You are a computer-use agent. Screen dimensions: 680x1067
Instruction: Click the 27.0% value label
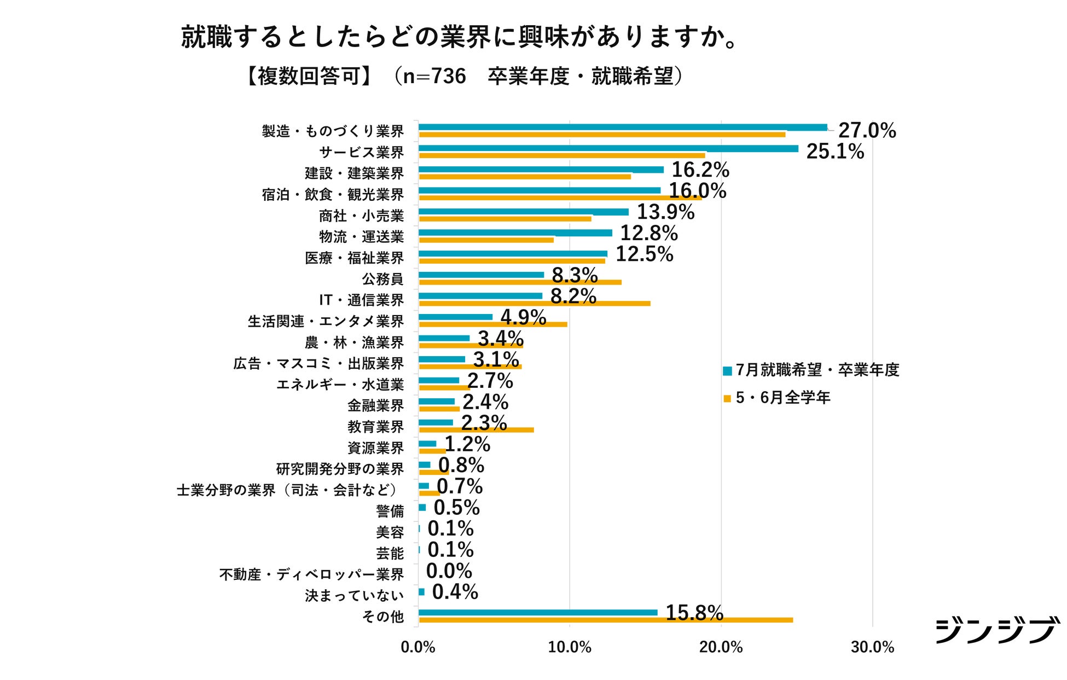pos(867,131)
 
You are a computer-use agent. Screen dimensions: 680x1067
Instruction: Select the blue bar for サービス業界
pos(607,148)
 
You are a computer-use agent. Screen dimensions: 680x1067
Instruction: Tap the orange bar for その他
pos(605,620)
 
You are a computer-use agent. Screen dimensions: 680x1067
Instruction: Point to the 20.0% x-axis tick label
pos(721,648)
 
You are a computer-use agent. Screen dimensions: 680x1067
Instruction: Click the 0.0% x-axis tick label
pos(417,648)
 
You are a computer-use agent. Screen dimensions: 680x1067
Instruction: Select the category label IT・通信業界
pos(361,300)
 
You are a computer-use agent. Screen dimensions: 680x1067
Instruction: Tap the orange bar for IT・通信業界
pos(534,303)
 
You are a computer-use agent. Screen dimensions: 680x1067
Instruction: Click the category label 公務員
pos(382,279)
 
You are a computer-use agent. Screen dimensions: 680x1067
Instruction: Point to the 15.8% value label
pos(694,613)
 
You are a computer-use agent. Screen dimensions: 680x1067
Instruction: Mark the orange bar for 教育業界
pos(476,430)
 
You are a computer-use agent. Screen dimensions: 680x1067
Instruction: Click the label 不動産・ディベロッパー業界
pos(311,574)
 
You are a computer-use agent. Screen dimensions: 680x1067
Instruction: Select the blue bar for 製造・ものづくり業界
pos(623,127)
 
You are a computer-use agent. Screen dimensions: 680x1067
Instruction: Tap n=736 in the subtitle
pos(434,77)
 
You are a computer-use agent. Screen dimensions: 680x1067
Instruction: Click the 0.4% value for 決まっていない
pos(455,592)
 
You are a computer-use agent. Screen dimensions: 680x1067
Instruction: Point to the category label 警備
pos(390,512)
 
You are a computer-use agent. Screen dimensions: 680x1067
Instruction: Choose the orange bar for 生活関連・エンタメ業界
pos(492,324)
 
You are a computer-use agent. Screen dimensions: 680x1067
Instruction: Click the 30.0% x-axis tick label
pos(872,648)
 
